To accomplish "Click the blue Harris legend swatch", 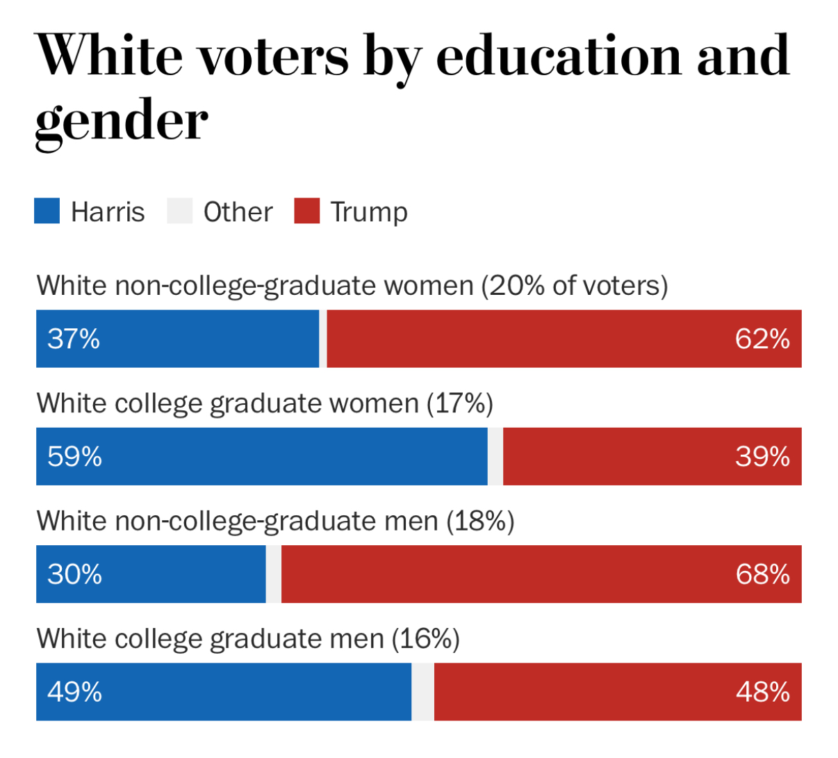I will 47,211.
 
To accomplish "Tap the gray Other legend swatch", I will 179,211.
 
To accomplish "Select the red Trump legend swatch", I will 306,211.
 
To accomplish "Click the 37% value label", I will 74,339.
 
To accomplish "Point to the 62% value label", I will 762,339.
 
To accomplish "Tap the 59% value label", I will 74,457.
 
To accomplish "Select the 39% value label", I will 762,457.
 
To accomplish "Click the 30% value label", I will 74,574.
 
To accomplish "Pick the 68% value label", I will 762,574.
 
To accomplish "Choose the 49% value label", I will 74,692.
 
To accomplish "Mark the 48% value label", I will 762,692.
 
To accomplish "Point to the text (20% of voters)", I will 575,286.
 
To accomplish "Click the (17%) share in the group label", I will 459,403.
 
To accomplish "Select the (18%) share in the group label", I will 480,521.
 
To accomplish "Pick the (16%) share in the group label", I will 425,638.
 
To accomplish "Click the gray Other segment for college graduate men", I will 422,692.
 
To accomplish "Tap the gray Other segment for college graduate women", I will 495,457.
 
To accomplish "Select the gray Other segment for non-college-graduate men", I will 274,574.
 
